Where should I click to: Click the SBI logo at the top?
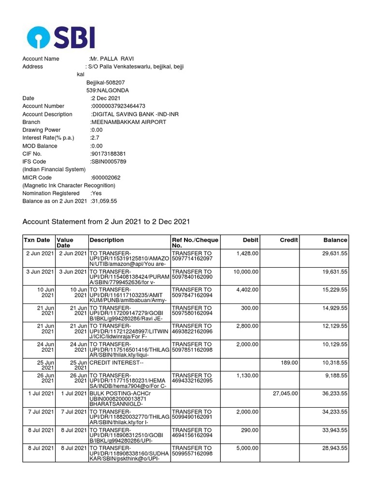tap(61, 37)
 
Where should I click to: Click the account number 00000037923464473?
tap(118, 106)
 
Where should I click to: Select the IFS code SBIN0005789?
tap(109, 162)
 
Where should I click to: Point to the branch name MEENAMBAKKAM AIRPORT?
tap(128, 122)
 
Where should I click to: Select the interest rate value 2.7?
tap(95, 138)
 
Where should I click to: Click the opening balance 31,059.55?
tap(104, 201)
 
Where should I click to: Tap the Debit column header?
tap(251, 240)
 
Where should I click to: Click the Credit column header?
tap(289, 240)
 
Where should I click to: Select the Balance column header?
tap(335, 240)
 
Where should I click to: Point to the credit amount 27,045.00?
tap(285, 394)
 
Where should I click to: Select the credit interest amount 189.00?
tap(290, 361)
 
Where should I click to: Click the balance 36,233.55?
tap(331, 394)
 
